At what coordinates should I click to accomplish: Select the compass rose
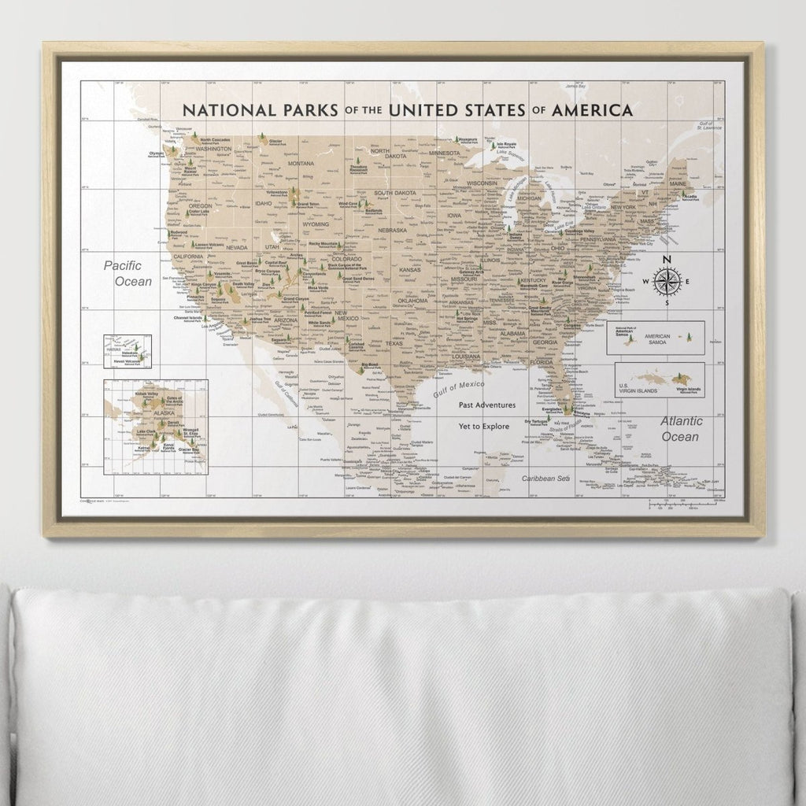pyautogui.click(x=667, y=282)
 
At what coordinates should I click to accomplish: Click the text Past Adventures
pyautogui.click(x=487, y=405)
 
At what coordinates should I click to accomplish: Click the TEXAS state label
pyautogui.click(x=394, y=343)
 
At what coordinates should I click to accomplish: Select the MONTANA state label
pyautogui.click(x=300, y=164)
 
